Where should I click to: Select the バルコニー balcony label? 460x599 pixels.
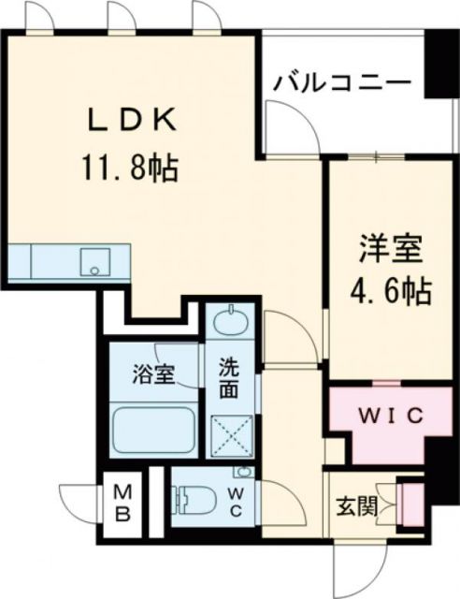(x=342, y=82)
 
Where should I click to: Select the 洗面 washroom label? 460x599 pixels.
(x=231, y=376)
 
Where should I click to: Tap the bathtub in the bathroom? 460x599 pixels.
(x=151, y=431)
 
